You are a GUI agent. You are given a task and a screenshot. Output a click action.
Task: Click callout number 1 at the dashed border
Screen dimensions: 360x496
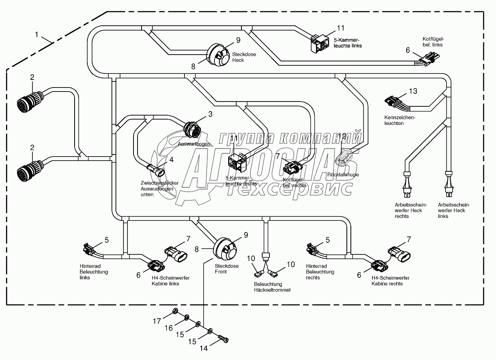point(36,35)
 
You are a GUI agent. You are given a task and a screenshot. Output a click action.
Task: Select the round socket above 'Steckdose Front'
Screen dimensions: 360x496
point(227,248)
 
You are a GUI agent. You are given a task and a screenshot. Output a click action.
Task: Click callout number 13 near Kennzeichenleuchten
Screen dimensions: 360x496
point(413,91)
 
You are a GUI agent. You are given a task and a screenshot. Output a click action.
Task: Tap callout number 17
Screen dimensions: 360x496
point(157,321)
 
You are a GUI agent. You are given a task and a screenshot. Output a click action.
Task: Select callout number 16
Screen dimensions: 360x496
point(169,328)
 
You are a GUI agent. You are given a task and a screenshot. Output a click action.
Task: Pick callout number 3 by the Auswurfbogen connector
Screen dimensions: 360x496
point(210,114)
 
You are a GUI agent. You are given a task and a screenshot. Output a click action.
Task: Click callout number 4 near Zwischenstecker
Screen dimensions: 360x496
point(171,159)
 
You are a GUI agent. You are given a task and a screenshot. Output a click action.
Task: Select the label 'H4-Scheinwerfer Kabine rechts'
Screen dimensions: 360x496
point(387,281)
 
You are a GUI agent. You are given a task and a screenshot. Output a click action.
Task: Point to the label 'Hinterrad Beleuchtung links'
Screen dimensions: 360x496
point(93,272)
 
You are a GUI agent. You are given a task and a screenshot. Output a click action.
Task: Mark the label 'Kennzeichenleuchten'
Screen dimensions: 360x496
point(399,120)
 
